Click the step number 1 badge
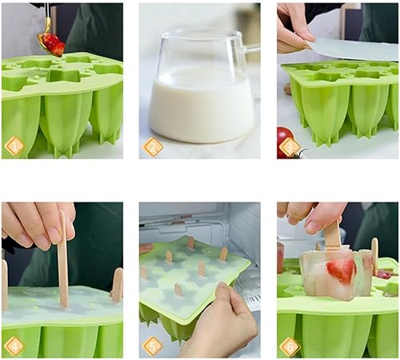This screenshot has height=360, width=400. tap(14, 146)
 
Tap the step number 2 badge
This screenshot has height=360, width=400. tap(153, 146)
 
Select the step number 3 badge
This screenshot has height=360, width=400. tap(290, 147)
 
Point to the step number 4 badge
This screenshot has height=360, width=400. tap(14, 346)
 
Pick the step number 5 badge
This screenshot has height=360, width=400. tap(153, 346)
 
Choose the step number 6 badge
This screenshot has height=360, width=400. tap(290, 346)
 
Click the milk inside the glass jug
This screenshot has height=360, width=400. tap(202, 106)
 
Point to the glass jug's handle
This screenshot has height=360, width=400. tap(252, 50)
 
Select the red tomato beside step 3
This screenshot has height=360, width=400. tap(286, 142)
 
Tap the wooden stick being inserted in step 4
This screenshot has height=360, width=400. tap(63, 258)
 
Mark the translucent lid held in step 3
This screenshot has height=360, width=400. tap(352, 50)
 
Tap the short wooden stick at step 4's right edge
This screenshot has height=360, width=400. tap(118, 286)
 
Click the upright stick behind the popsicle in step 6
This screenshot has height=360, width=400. tap(374, 256)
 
